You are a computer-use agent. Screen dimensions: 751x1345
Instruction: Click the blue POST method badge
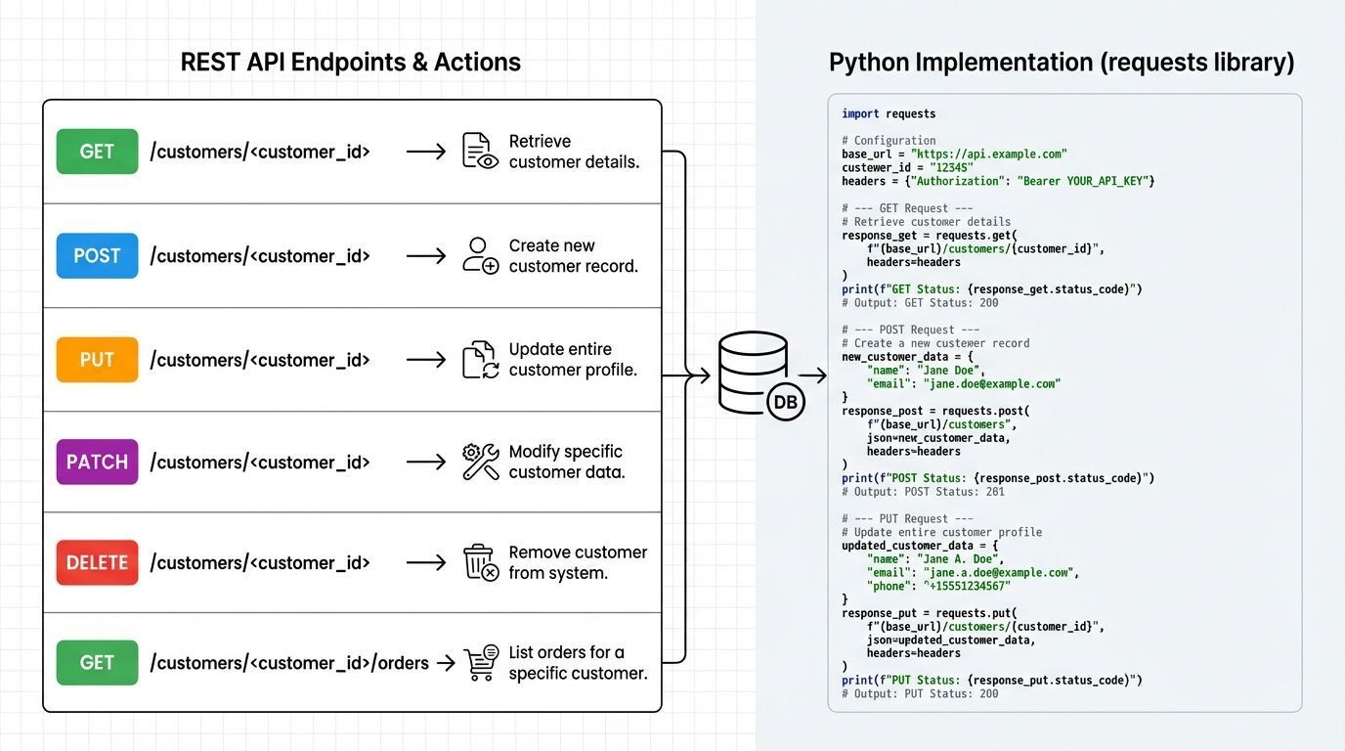97,256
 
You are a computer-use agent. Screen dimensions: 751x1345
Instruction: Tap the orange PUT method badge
97,360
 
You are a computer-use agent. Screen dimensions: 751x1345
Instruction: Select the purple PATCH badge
97,462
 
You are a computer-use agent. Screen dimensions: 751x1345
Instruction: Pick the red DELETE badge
97,562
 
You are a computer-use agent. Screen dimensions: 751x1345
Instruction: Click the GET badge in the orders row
97,663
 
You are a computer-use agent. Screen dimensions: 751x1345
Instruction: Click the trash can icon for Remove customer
480,563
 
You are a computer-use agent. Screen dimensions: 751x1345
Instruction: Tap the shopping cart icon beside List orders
480,663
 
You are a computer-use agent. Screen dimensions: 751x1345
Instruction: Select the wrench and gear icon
480,462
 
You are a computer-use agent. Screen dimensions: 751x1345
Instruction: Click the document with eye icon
480,152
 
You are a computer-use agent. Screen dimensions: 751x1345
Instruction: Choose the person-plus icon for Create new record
480,256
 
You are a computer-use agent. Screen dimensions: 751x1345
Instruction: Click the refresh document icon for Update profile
480,360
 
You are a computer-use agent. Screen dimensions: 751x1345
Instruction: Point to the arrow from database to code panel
812,375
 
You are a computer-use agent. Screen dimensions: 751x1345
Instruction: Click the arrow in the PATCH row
426,462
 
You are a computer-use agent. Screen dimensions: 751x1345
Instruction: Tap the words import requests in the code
889,114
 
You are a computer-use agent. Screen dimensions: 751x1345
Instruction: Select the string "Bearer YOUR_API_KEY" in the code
1086,181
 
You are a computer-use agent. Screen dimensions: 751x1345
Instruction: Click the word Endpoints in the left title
346,63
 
